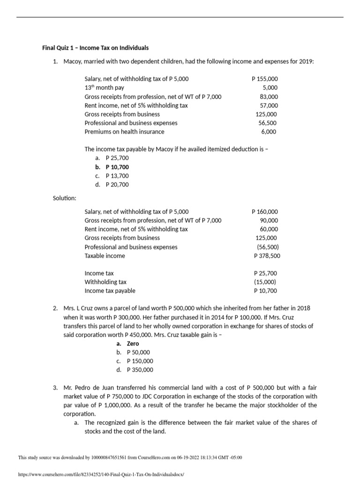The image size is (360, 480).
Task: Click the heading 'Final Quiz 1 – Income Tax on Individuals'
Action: click(95, 48)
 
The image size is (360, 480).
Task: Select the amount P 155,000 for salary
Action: click(264, 79)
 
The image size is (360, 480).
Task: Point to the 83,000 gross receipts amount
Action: click(269, 97)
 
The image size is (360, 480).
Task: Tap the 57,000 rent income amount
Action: click(269, 105)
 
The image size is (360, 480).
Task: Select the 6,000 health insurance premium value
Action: click(269, 132)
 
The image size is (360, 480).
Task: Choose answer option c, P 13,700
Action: click(117, 176)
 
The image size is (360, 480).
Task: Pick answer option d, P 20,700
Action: click(117, 185)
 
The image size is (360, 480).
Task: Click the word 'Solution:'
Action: click(65, 198)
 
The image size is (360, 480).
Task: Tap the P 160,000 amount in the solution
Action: click(265, 212)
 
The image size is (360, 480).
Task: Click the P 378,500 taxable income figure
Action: click(267, 256)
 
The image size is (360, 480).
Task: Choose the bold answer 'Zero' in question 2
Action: click(133, 344)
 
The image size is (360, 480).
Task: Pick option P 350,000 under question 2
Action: click(140, 370)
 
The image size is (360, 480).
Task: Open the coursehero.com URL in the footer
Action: click(101, 474)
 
